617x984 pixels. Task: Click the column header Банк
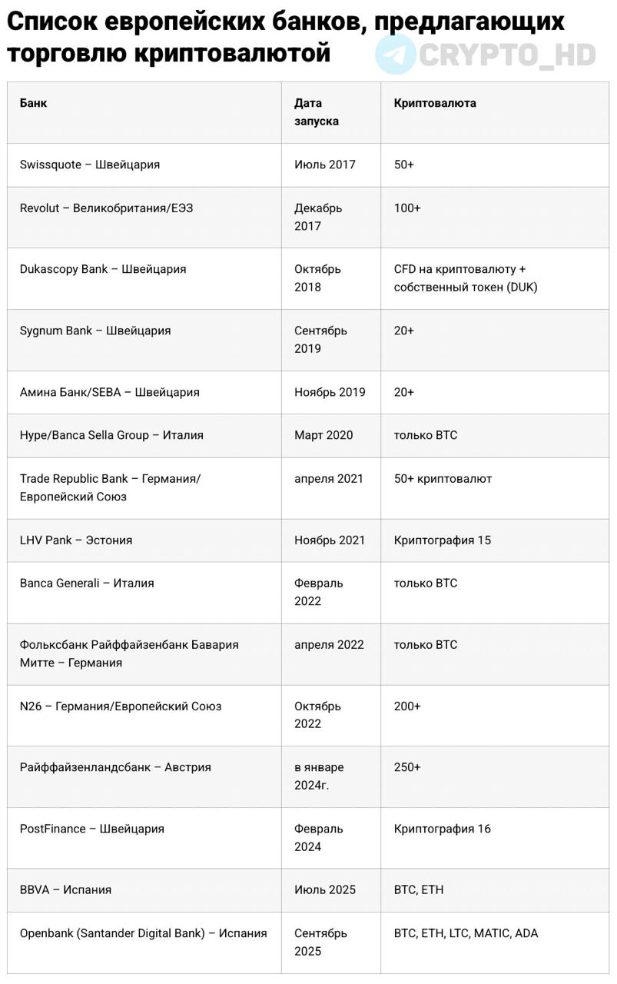[33, 103]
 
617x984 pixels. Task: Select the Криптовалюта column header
[435, 103]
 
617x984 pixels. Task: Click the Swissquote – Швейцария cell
[90, 165]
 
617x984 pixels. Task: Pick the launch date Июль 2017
[325, 165]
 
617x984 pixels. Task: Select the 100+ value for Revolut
[407, 208]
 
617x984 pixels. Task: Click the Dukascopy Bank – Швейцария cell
[103, 269]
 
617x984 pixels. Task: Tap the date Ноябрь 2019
[330, 392]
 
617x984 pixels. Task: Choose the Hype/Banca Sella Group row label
[111, 435]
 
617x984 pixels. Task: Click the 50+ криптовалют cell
[443, 478]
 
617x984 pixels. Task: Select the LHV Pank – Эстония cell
[76, 540]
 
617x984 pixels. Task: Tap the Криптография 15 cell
[442, 540]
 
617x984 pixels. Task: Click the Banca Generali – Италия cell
[87, 583]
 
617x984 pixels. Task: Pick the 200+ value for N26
[407, 706]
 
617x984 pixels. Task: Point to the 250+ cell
[407, 767]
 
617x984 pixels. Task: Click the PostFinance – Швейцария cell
[92, 829]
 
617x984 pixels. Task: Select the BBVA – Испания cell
[65, 889]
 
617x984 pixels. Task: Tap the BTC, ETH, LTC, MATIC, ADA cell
[466, 933]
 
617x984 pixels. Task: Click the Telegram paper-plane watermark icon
[396, 54]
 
